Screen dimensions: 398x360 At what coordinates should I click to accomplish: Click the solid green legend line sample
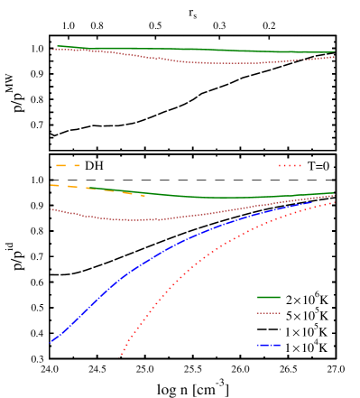click(268, 297)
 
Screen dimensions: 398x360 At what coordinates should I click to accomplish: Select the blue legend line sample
click(268, 345)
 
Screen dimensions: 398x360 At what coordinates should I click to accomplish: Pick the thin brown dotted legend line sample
click(268, 313)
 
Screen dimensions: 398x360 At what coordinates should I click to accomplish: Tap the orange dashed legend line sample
click(68, 165)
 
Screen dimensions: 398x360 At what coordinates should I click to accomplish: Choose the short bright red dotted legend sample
click(289, 165)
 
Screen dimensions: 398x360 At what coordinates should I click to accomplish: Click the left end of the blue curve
click(51, 343)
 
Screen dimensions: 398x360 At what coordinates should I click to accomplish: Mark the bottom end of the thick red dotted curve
click(122, 355)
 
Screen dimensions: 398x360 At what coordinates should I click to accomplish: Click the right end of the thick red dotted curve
click(335, 202)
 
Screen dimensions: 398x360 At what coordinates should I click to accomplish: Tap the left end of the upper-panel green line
click(58, 46)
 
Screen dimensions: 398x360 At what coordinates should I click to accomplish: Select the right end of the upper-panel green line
click(335, 52)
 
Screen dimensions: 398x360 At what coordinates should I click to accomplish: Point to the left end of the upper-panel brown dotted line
click(52, 50)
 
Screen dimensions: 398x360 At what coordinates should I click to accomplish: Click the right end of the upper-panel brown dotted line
click(335, 57)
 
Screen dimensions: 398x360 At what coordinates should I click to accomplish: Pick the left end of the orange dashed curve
click(51, 185)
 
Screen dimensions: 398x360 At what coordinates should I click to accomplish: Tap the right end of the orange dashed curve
click(143, 195)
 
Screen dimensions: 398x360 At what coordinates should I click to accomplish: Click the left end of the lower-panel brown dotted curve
click(51, 209)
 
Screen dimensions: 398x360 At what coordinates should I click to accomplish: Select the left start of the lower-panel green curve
click(87, 188)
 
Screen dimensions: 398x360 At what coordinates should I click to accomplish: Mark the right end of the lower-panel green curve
click(335, 192)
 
